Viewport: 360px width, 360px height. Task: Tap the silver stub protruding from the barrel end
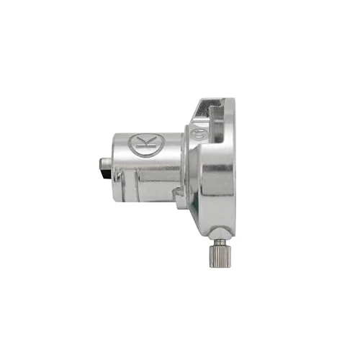tap(106, 163)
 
